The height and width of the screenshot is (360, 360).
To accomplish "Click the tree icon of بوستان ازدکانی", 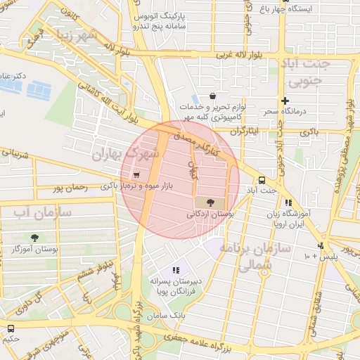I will (x=210, y=202).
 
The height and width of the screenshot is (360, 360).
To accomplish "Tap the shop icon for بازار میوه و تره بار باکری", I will (x=136, y=175).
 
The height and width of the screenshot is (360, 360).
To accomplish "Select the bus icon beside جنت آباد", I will (x=262, y=179).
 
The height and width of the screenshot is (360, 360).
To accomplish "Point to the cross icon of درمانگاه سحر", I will (x=285, y=101).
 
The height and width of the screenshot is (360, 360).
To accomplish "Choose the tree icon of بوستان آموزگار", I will (x=34, y=238).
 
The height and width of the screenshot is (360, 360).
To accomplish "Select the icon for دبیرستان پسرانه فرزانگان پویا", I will (x=176, y=269).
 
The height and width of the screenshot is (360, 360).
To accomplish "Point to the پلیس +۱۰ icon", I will (x=321, y=245).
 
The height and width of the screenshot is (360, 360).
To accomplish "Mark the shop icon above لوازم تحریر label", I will (x=212, y=96).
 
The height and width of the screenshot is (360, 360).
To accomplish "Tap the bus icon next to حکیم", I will (x=10, y=328).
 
